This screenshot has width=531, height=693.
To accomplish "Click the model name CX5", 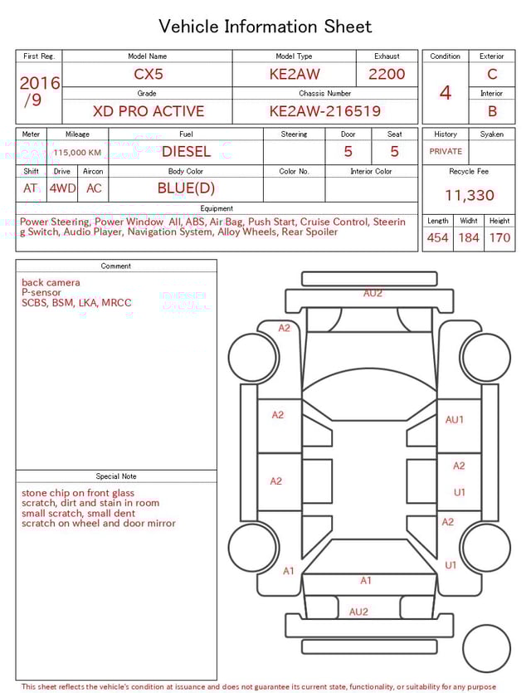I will click(149, 74).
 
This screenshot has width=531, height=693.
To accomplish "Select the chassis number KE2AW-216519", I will click(324, 111).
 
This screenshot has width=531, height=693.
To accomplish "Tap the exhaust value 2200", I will click(387, 74).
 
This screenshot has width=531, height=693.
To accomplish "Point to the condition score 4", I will click(445, 93).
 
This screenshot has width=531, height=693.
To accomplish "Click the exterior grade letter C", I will click(492, 74).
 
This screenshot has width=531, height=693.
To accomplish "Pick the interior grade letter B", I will click(492, 110).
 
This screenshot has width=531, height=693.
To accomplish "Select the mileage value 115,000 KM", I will click(77, 153).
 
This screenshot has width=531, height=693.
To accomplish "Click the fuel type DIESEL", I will click(186, 152).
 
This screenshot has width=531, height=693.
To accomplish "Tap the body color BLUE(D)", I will click(186, 188).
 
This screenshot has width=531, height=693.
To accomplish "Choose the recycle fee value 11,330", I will click(469, 196).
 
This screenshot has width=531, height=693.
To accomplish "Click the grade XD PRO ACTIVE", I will click(148, 111).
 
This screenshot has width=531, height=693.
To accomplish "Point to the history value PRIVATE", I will click(446, 152).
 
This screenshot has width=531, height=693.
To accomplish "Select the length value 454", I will click(437, 238).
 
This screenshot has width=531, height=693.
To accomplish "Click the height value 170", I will click(499, 238).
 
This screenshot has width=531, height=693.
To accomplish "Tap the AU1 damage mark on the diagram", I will click(455, 420).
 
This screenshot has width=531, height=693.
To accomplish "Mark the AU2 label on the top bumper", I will click(373, 293).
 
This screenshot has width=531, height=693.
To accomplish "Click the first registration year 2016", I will click(40, 83).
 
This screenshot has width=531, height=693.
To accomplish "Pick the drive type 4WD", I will click(62, 188).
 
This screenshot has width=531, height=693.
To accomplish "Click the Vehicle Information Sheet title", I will click(265, 27).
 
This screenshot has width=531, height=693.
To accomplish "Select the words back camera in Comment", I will click(51, 283).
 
